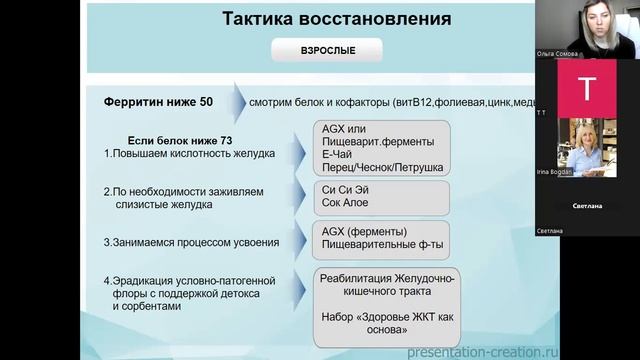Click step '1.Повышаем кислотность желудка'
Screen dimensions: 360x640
coord(187,155)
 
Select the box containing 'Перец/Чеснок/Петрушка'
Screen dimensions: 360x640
coord(379,149)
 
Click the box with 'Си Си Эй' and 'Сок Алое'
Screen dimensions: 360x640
coord(379,193)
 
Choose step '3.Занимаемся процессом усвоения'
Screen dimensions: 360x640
coord(191,242)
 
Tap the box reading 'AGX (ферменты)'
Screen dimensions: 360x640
coord(379,236)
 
